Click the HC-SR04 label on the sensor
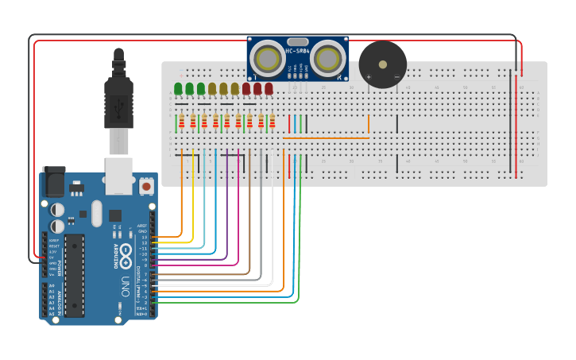point(297,52)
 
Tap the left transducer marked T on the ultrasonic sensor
point(268,58)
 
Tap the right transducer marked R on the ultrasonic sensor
point(327,58)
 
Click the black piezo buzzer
point(382,64)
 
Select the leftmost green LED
point(178,87)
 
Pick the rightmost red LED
point(269,87)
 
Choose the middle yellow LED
point(223,87)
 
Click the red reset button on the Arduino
point(146,186)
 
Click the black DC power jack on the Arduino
point(52,182)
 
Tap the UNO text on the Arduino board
point(124,286)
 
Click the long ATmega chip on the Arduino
point(75,275)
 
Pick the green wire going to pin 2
point(300,238)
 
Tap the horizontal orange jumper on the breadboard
point(326,138)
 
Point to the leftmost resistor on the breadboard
point(182,122)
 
